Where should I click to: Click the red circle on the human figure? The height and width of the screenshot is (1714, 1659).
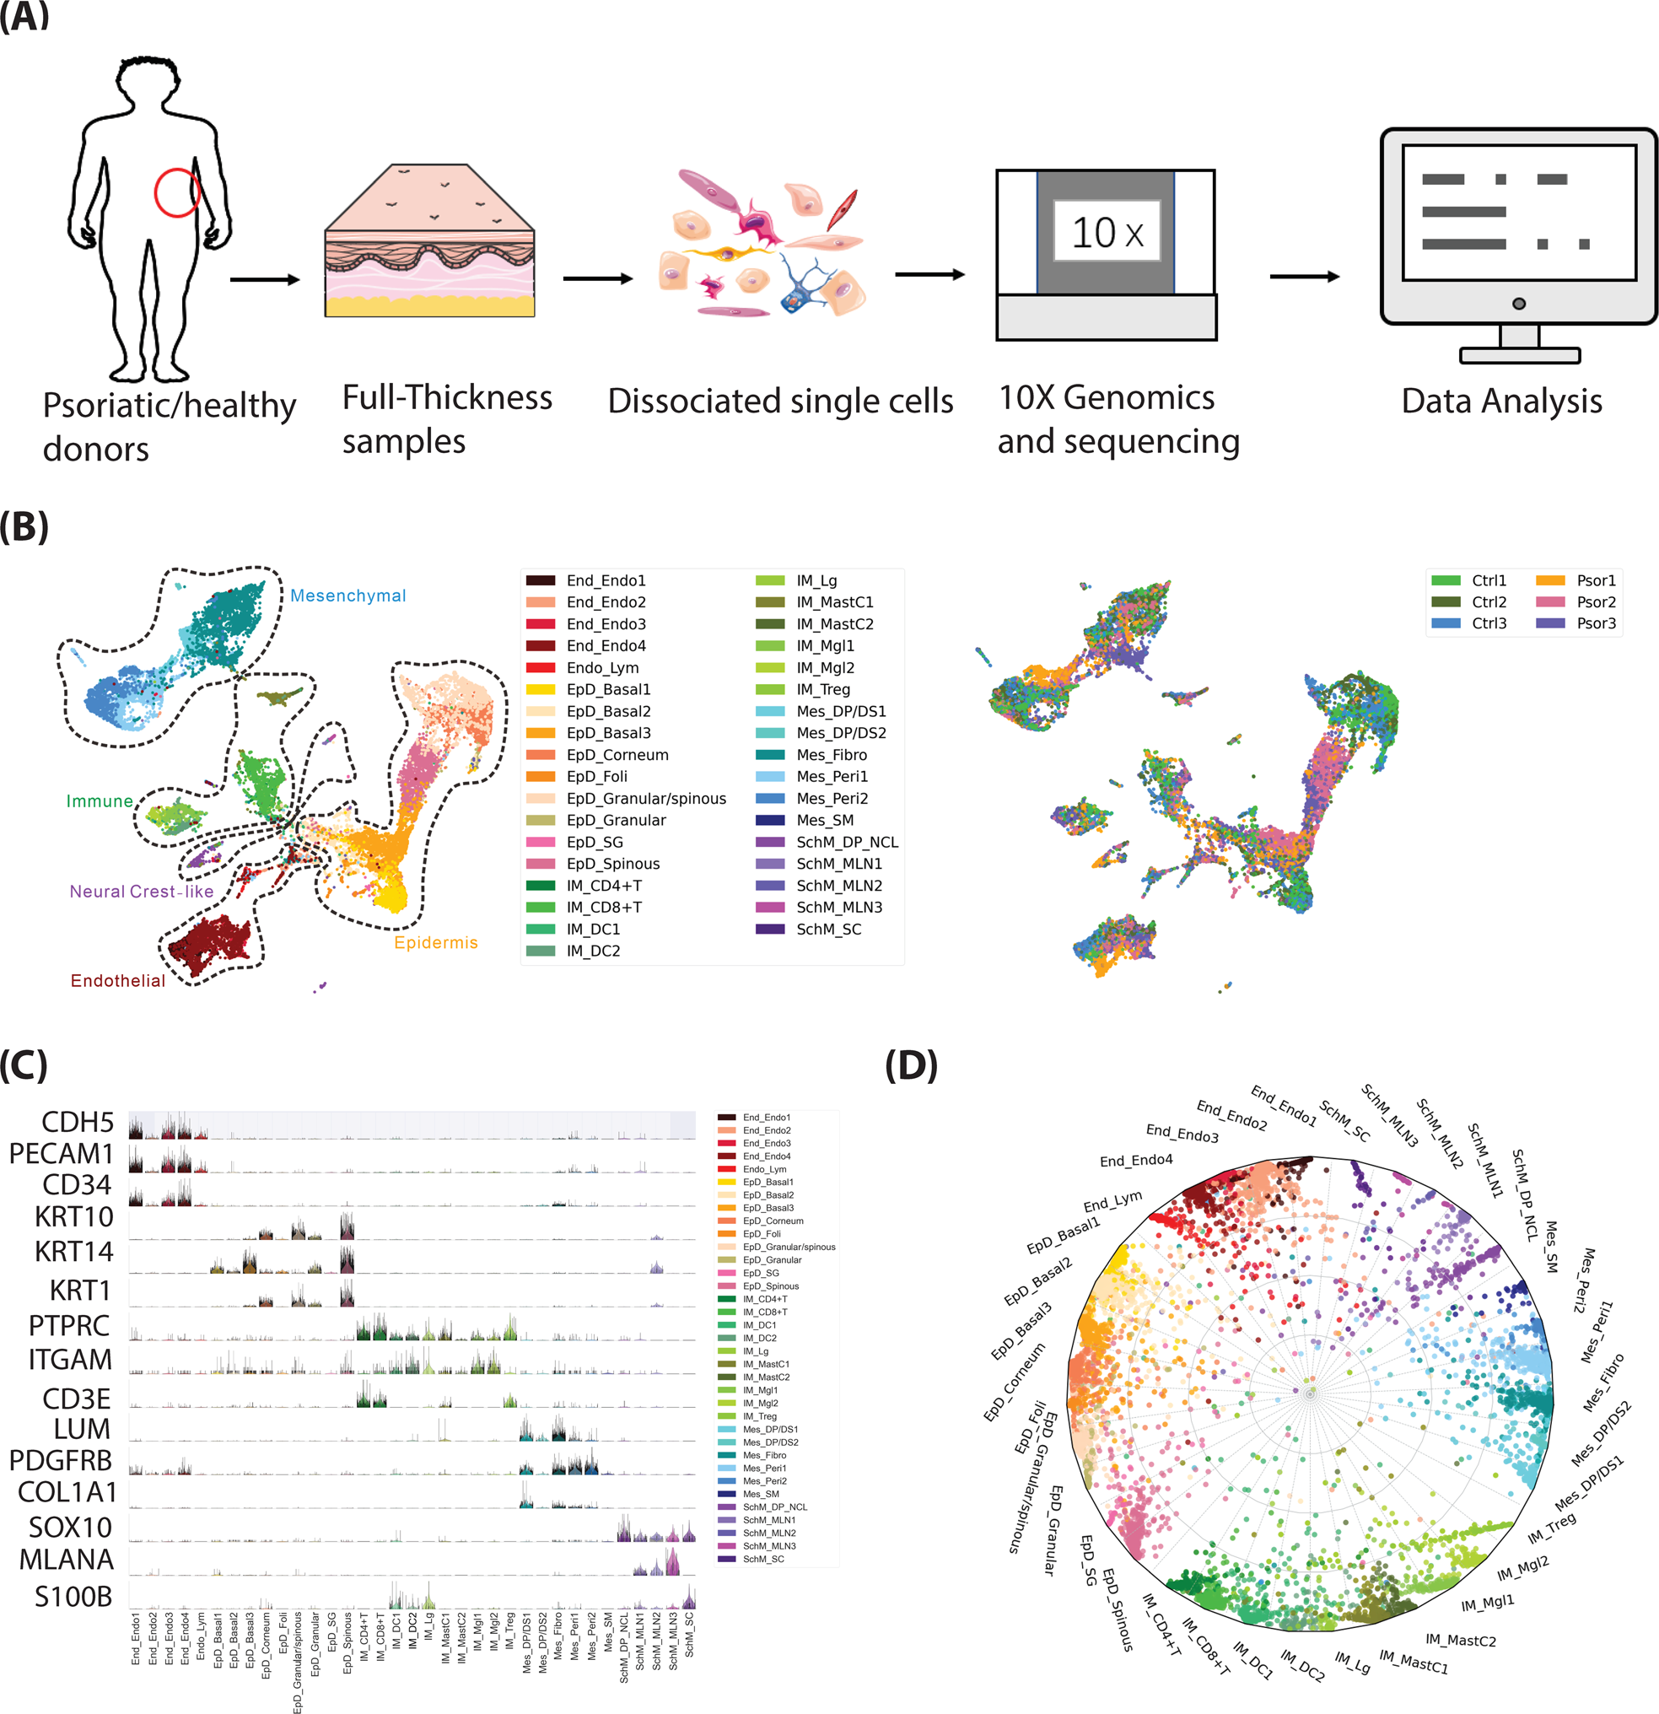[177, 192]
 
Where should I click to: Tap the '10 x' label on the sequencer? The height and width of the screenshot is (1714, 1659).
[1107, 232]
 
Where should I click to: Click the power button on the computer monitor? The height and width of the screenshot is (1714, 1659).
[1519, 304]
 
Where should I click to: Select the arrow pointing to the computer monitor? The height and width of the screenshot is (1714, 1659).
[1304, 277]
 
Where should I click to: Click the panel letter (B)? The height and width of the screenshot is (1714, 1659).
[24, 527]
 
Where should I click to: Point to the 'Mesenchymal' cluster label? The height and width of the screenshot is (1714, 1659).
[348, 596]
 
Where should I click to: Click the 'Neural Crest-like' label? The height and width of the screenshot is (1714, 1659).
[142, 891]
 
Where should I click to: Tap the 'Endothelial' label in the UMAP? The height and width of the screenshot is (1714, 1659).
[118, 980]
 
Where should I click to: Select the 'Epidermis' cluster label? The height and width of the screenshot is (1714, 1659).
[435, 942]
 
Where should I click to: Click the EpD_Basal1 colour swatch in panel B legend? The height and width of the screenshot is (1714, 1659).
[541, 689]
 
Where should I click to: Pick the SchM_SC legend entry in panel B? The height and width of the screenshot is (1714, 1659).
[827, 929]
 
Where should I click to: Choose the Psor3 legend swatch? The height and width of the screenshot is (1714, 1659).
[1549, 623]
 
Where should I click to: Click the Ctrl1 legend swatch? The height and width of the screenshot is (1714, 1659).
[1446, 580]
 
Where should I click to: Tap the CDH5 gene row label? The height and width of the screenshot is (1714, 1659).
[78, 1122]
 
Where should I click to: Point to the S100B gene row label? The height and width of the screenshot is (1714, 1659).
[73, 1596]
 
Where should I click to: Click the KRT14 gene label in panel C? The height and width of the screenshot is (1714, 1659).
[74, 1252]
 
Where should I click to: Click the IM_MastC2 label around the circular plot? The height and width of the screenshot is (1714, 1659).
[1460, 1640]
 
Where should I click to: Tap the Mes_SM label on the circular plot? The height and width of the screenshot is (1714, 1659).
[1550, 1246]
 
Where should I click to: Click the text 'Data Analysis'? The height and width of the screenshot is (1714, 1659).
[1500, 401]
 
